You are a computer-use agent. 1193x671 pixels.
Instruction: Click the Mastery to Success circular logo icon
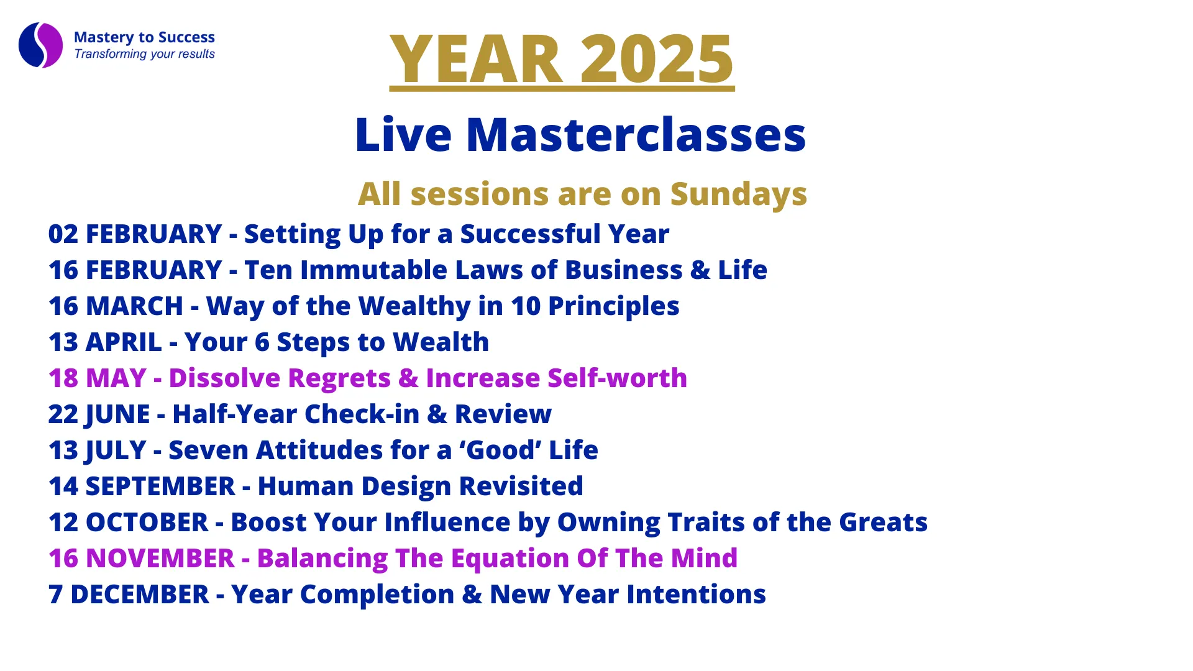41,45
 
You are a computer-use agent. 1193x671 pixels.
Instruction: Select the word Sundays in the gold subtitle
738,194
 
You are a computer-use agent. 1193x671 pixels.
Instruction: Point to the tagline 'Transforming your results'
144,54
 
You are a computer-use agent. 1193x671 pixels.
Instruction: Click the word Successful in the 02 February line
530,234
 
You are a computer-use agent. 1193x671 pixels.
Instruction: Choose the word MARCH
134,306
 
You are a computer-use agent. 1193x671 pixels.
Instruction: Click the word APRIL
124,342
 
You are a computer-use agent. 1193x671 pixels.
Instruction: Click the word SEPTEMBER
160,486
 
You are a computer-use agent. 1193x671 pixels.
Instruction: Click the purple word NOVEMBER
160,559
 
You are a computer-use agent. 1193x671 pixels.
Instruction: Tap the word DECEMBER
140,595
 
